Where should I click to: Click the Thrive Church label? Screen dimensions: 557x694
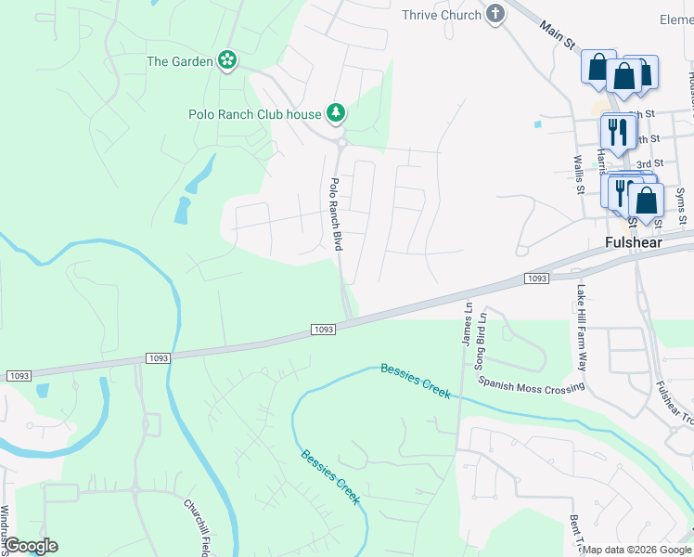coord(442,15)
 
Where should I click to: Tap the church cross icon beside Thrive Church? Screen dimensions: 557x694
coord(496,14)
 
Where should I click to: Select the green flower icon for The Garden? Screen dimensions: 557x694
coord(227,61)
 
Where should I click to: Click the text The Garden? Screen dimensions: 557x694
coord(180,62)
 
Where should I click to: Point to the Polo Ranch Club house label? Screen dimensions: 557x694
coord(254,114)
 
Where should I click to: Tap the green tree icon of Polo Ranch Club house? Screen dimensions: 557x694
coord(336,114)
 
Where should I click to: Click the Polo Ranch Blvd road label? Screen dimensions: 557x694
coord(337,214)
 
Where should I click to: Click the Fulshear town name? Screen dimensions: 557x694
coord(636,241)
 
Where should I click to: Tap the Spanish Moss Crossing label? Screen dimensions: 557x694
coord(531,385)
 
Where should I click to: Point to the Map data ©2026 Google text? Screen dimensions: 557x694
coord(637,550)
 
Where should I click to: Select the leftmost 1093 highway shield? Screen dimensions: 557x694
coord(19,376)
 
